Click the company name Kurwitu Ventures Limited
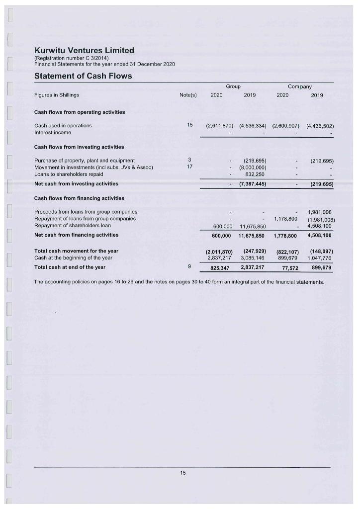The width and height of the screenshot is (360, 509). [84, 50]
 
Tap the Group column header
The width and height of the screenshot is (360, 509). [233, 86]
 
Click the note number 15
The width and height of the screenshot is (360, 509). [189, 125]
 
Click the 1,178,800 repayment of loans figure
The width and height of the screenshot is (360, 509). [285, 219]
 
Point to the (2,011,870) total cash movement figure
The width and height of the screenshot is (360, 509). [219, 251]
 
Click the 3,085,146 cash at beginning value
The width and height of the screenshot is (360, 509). [252, 257]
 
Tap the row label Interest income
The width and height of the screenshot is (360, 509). [53, 132]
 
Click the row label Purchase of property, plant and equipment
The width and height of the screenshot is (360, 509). [85, 160]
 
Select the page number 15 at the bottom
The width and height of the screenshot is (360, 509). [182, 473]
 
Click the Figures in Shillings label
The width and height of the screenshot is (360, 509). [57, 95]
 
